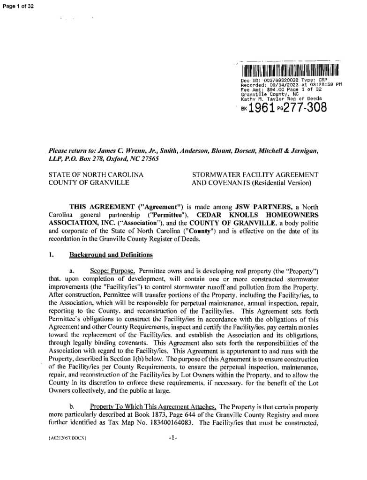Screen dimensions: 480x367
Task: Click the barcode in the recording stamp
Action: click(x=290, y=71)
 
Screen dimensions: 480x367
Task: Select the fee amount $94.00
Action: click(x=267, y=90)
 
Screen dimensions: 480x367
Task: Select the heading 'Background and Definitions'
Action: click(x=111, y=255)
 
